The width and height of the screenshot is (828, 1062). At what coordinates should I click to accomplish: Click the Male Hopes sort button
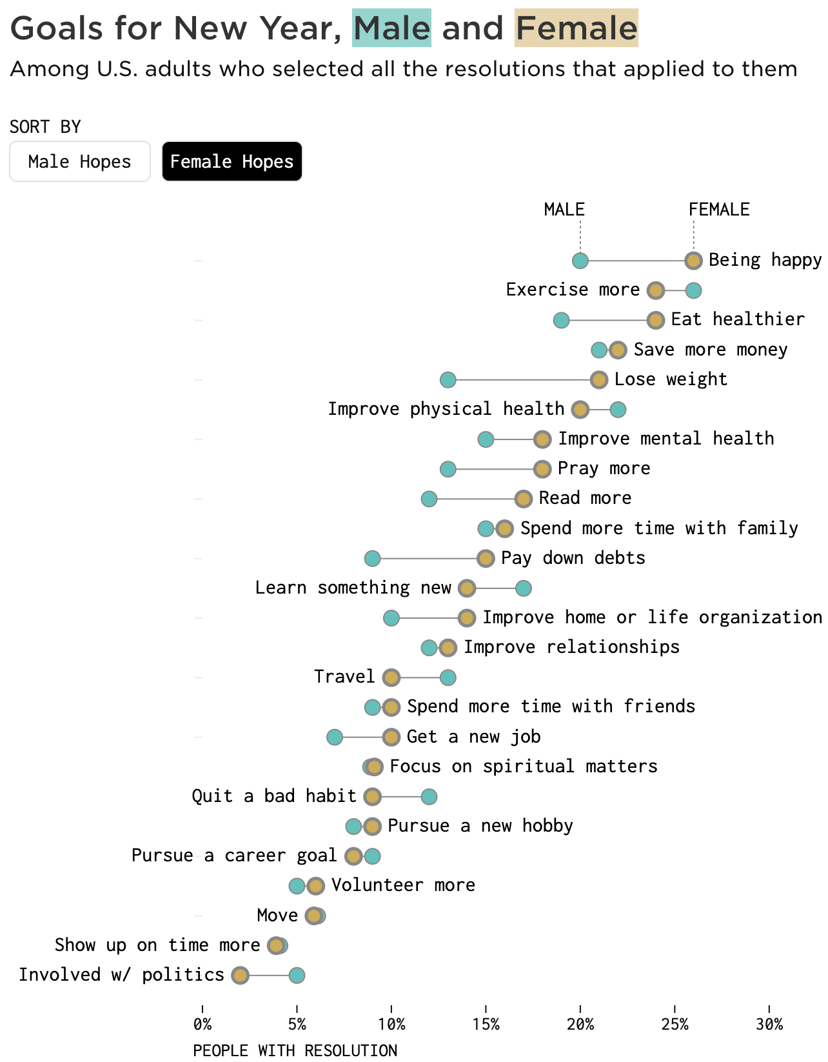[x=80, y=161]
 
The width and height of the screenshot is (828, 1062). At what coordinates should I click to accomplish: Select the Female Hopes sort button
[x=232, y=161]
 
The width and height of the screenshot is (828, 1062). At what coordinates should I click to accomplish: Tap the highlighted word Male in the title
[x=391, y=28]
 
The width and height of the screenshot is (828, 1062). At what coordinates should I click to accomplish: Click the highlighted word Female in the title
[x=577, y=28]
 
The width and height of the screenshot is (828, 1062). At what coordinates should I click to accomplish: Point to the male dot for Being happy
[x=580, y=261]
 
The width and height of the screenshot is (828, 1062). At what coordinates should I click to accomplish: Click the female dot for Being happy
[x=694, y=261]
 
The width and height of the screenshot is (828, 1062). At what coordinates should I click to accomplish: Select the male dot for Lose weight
[x=448, y=380]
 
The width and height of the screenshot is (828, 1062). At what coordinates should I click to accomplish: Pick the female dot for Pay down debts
[x=486, y=559]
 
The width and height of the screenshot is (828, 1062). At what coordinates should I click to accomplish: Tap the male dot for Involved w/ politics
[x=297, y=976]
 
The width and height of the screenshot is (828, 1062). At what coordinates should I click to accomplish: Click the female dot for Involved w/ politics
[x=240, y=976]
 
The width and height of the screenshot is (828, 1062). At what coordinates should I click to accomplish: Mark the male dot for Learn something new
[x=524, y=588]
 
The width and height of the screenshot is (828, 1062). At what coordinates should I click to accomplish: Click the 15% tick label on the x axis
[x=486, y=1025]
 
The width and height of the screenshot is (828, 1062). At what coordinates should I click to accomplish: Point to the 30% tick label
[x=769, y=1025]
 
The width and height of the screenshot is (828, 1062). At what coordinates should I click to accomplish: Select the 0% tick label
[x=202, y=1025]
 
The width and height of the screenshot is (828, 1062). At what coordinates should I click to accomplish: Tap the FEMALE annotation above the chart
[x=719, y=210]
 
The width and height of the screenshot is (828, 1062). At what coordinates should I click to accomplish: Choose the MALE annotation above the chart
[x=564, y=210]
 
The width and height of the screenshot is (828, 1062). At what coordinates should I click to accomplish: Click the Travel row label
[x=344, y=677]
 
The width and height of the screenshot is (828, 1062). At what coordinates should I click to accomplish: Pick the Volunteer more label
[x=403, y=885]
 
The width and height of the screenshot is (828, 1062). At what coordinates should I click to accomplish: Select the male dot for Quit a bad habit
[x=429, y=797]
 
